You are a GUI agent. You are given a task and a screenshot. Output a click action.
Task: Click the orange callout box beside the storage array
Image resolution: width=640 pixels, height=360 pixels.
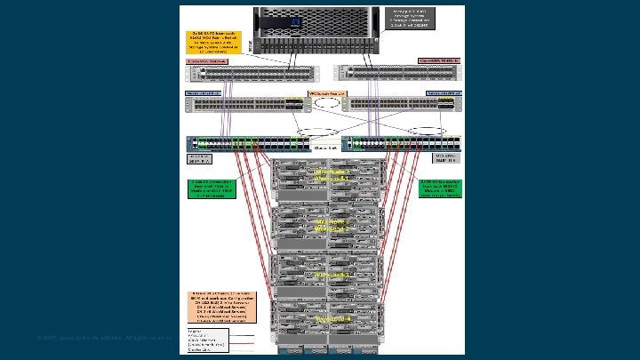click(x=212, y=42)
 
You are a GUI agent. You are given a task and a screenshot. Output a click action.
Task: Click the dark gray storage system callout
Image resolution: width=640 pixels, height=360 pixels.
click(x=421, y=17)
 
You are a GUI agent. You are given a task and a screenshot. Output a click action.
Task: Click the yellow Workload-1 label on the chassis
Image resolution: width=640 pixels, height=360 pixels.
click(x=332, y=175)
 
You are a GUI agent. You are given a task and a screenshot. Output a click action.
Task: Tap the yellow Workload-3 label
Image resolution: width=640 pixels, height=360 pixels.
click(x=332, y=275)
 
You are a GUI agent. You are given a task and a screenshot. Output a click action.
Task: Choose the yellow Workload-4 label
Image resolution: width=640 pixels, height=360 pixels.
click(x=332, y=318)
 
